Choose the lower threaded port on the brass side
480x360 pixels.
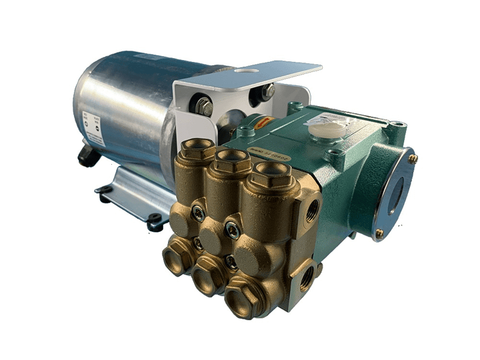click(305, 275)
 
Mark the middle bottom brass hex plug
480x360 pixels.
click(208, 271)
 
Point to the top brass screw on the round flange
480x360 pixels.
click(413, 158)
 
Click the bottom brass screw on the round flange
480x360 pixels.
click(379, 234)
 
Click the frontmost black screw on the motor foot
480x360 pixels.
click(155, 219)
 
